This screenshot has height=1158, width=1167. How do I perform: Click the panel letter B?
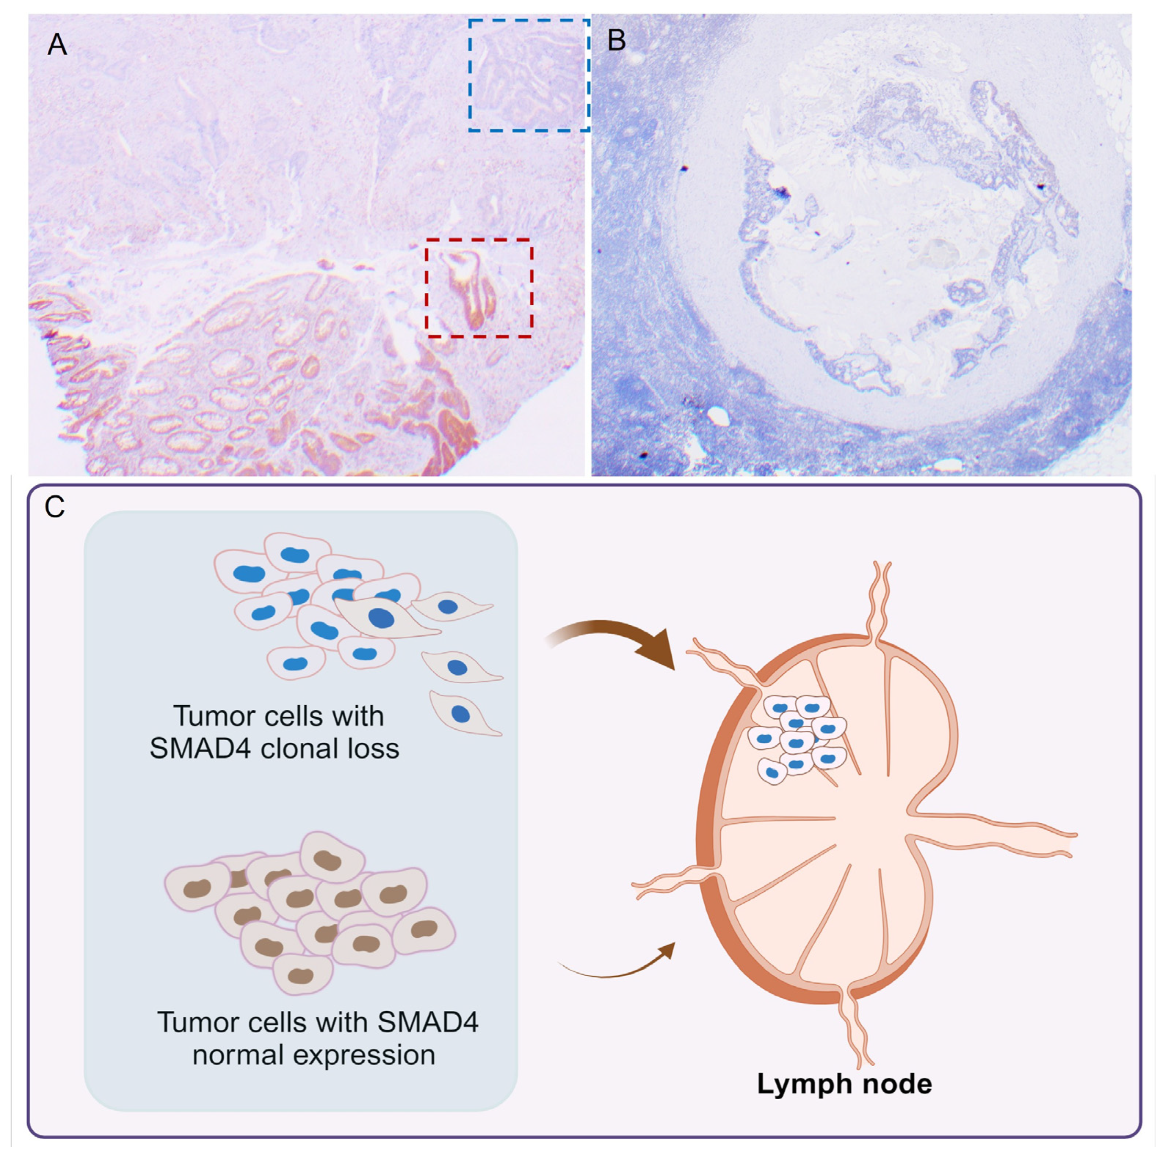coord(616,40)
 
